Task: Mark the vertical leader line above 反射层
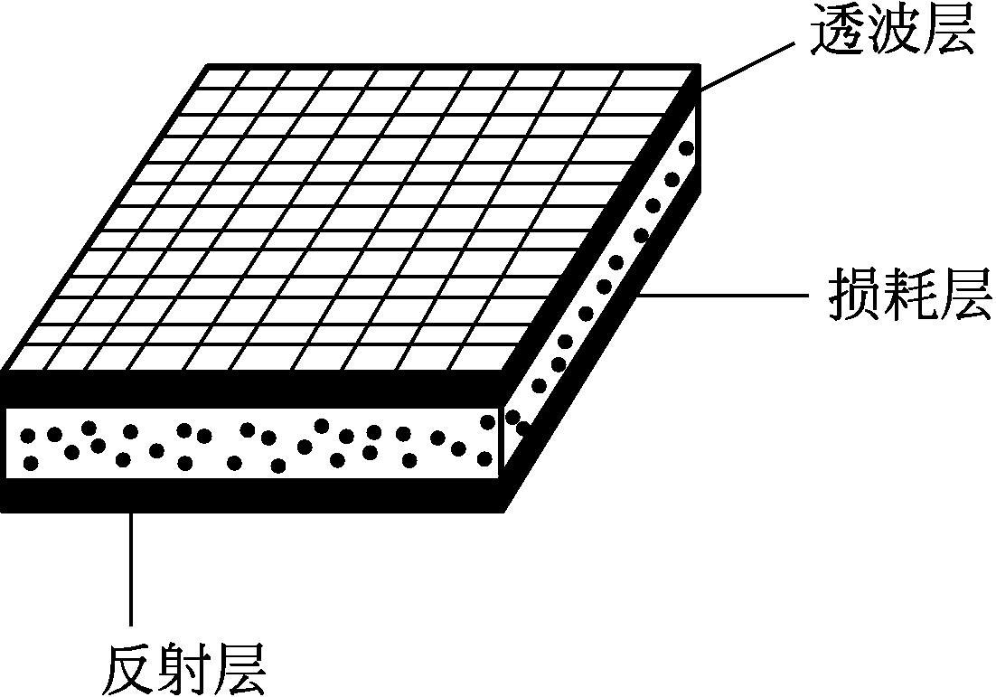pos(133,570)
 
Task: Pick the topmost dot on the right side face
pos(687,147)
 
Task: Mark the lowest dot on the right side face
pos(522,428)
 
